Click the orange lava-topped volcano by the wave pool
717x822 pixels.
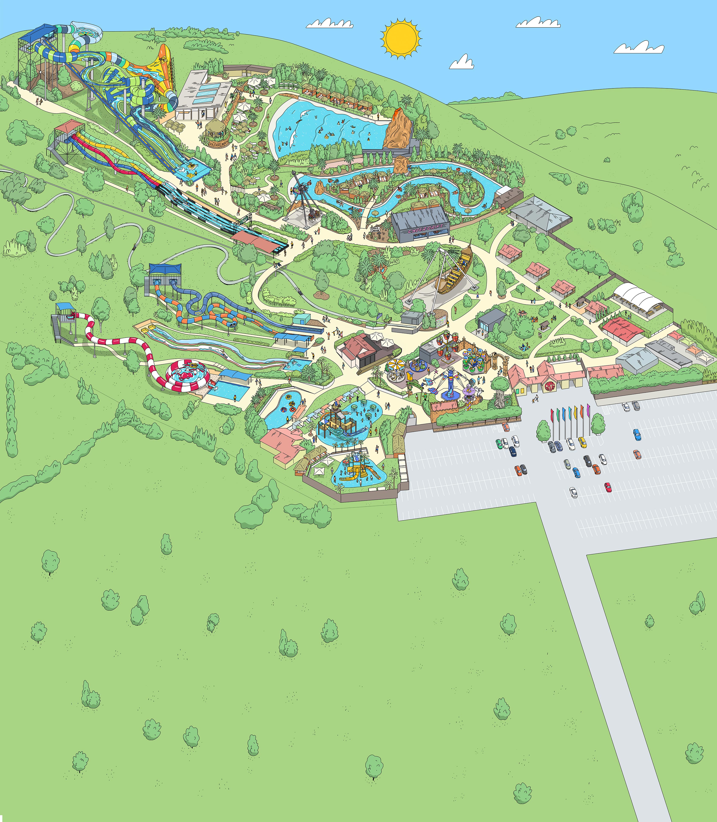[398, 128]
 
